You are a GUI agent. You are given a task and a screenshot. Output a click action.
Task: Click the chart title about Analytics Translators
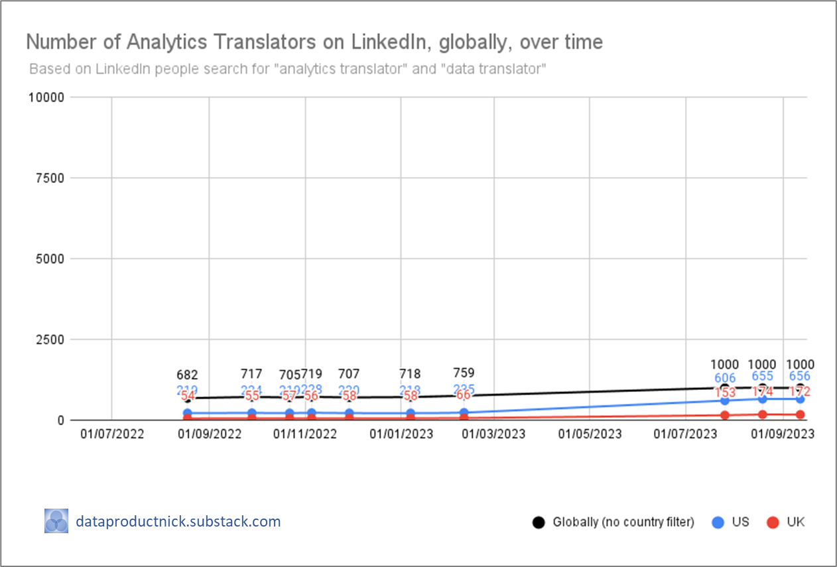[314, 42]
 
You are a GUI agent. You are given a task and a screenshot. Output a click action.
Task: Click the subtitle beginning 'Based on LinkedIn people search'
[287, 68]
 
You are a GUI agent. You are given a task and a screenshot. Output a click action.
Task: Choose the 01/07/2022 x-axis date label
[111, 434]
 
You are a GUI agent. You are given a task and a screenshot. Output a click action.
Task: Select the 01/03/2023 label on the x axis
[493, 434]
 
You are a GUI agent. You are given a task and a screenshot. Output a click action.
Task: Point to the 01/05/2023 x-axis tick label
[590, 434]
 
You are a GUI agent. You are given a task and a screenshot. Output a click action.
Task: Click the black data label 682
[187, 375]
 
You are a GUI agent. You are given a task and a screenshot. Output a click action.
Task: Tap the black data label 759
[464, 373]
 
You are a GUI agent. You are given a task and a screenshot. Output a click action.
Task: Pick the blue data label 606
[724, 378]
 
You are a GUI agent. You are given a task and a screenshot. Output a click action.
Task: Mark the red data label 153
[724, 392]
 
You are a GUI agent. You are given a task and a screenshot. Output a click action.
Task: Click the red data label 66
[464, 395]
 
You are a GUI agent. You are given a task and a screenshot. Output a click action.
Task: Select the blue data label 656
[800, 377]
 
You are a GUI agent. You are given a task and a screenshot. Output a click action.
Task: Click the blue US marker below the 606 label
[724, 400]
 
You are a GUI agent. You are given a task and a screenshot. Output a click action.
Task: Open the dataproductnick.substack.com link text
[178, 521]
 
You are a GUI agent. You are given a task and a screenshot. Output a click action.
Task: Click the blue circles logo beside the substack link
[56, 521]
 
